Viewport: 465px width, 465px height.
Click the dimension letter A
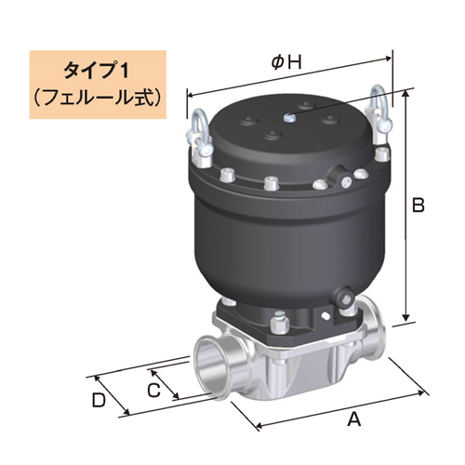(352, 419)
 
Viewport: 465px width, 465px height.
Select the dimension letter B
(418, 204)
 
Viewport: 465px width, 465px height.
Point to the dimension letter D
(99, 401)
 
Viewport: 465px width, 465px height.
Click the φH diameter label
(286, 62)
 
